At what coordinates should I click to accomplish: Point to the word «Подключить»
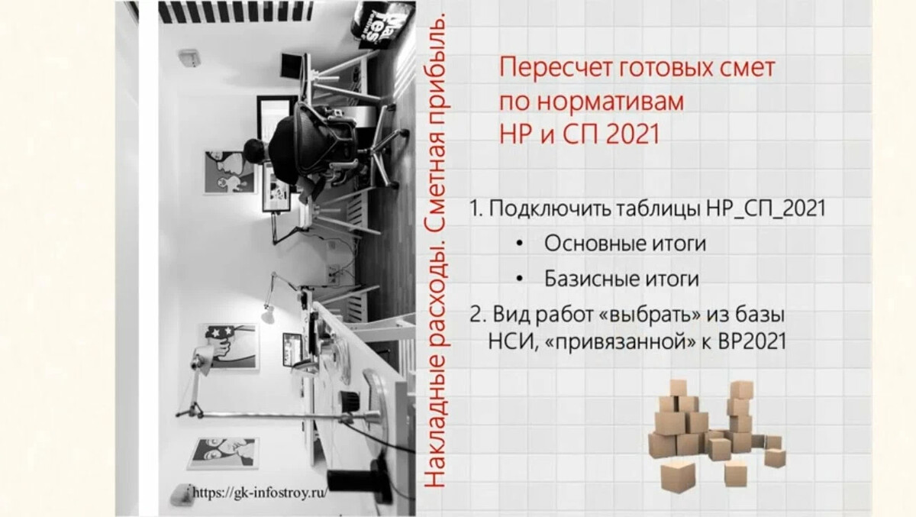pos(544,208)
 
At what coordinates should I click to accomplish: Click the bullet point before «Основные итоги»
pos(520,244)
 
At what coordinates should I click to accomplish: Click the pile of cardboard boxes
pos(714,431)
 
